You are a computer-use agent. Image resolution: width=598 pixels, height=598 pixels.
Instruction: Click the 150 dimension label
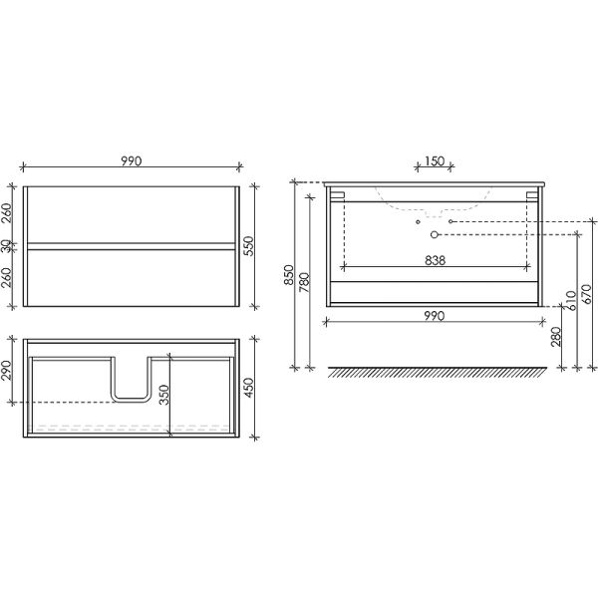coord(435,161)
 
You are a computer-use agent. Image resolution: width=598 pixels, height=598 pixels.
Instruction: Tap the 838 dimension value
coord(435,260)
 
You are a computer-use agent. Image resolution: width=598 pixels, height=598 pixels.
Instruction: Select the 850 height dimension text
coord(289,275)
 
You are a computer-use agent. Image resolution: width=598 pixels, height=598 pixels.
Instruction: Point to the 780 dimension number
coord(304,282)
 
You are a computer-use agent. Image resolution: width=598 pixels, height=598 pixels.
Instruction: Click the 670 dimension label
coord(587,294)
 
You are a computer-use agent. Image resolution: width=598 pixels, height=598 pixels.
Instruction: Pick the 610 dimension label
coord(572,301)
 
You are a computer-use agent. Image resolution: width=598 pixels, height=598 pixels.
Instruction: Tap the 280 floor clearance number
coord(556,337)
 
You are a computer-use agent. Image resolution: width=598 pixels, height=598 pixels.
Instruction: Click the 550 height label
coord(248,246)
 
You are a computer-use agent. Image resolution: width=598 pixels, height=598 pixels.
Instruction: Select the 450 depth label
coord(248,388)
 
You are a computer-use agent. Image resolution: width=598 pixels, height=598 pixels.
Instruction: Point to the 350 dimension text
coord(163,395)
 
